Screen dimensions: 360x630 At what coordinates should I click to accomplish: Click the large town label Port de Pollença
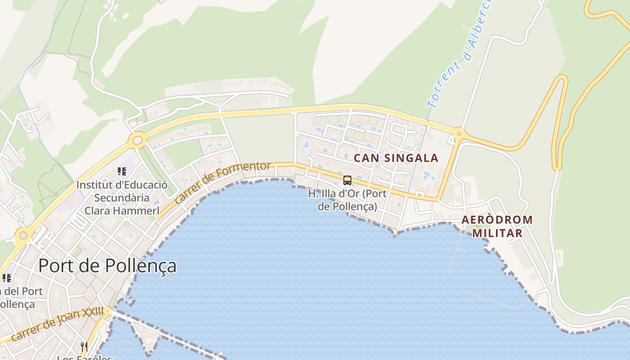[x=107, y=265]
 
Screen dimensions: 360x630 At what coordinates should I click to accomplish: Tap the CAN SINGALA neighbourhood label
[x=396, y=158]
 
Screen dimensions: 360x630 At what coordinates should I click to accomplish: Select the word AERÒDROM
[x=497, y=220]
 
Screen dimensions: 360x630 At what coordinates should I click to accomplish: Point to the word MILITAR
[x=497, y=233]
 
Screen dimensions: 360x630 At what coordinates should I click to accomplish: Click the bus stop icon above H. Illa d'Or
[x=347, y=180]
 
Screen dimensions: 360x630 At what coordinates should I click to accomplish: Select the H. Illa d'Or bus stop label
[x=347, y=200]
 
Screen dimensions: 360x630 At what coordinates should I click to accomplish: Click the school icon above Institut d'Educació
[x=121, y=171]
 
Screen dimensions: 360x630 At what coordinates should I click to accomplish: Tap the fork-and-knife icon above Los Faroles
[x=84, y=346]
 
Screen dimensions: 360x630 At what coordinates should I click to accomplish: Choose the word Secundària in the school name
[x=121, y=198]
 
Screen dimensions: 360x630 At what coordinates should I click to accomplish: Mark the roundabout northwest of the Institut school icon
[x=137, y=140]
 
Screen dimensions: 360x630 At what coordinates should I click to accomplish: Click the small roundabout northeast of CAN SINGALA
[x=459, y=133]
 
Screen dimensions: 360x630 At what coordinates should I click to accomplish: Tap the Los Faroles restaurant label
[x=84, y=358]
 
